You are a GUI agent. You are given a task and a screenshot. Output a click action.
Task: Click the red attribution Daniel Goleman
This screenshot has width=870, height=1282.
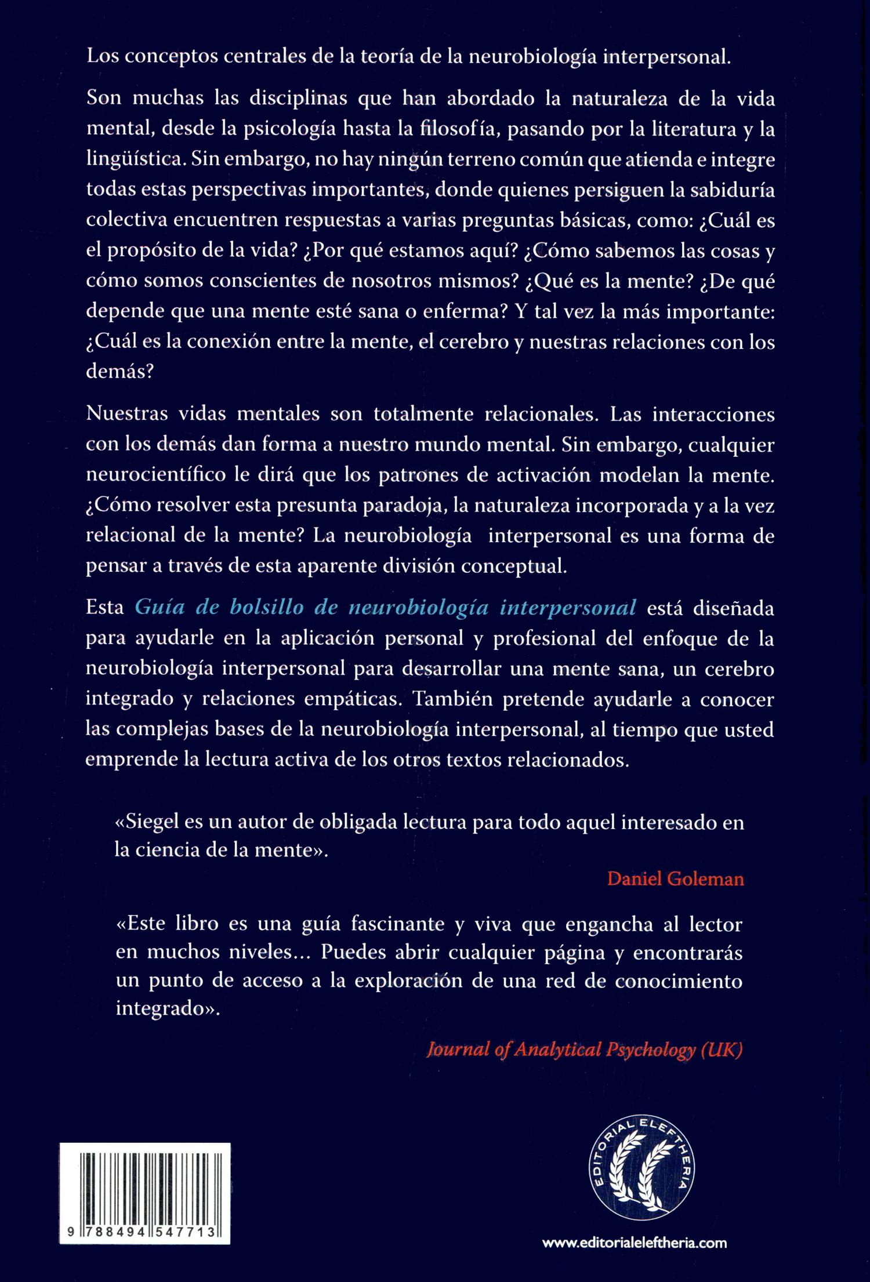675,879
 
